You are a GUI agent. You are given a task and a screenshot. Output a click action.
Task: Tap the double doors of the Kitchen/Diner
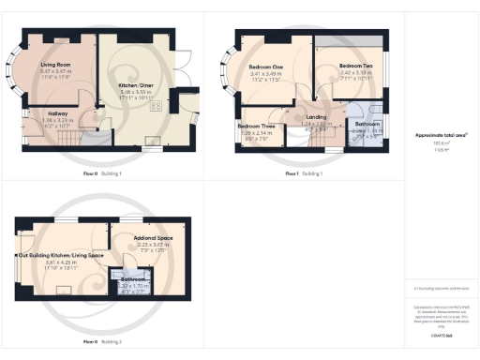(x=184, y=69)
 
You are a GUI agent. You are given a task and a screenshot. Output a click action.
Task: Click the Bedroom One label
(x=266, y=68)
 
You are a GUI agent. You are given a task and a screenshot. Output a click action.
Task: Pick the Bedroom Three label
(x=256, y=126)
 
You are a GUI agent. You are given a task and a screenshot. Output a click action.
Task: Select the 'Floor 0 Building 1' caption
(x=102, y=174)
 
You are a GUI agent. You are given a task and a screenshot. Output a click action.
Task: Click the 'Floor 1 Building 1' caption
(x=308, y=174)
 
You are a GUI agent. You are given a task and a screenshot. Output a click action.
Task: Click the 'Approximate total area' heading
(x=441, y=135)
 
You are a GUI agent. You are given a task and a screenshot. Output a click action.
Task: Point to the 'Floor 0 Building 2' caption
(x=102, y=343)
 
